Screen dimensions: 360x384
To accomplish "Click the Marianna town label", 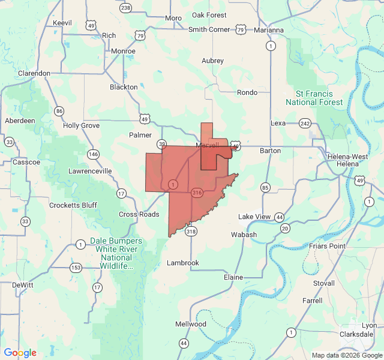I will point(268,30).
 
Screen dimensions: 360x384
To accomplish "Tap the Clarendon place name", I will point(34,73).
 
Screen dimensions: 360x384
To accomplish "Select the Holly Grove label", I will point(81,125).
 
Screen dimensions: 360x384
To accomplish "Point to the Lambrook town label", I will point(182,263).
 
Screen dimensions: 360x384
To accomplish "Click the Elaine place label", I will point(233,277).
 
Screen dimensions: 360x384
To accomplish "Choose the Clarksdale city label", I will point(356,334).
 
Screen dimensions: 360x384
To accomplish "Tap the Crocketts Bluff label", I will point(73,205).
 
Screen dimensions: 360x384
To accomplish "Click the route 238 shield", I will point(125,8).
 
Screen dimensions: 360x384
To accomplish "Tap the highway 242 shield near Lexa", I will point(305,123).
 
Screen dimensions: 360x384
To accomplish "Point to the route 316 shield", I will point(197,193).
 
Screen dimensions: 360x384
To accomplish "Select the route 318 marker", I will point(191,231).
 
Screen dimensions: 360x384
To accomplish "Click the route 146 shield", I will point(93,154).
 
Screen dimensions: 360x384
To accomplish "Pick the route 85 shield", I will point(265,188).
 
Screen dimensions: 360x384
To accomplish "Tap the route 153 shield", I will point(76,268).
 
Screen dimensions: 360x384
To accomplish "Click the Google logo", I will point(20,353).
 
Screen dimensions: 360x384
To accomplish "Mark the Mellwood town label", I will point(190,324).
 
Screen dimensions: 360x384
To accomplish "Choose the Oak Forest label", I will point(209,15).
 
